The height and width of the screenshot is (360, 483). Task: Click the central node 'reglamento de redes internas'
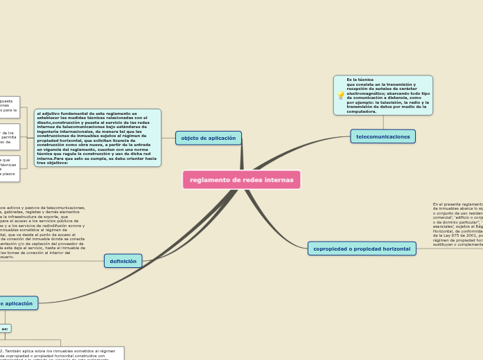[241, 180]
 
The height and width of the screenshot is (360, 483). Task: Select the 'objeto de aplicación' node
[208, 138]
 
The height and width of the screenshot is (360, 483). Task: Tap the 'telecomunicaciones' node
[383, 136]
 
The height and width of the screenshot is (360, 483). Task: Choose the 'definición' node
[123, 261]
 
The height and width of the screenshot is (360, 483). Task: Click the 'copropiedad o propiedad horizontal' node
[362, 249]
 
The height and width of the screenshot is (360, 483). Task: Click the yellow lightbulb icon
[340, 96]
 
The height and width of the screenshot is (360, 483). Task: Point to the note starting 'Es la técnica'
[387, 96]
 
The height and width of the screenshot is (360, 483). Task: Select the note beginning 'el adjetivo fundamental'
[97, 138]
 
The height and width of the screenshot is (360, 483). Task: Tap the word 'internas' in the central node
[279, 180]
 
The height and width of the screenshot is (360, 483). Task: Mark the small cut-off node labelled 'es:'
[5, 329]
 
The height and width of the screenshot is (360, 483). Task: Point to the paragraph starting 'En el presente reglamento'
[458, 224]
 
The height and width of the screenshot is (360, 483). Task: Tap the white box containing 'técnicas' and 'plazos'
[9, 168]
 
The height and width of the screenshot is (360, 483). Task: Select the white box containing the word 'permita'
[9, 137]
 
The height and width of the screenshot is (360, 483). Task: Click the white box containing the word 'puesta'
[9, 107]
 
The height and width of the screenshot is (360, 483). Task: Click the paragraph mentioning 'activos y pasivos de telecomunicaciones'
[42, 232]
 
